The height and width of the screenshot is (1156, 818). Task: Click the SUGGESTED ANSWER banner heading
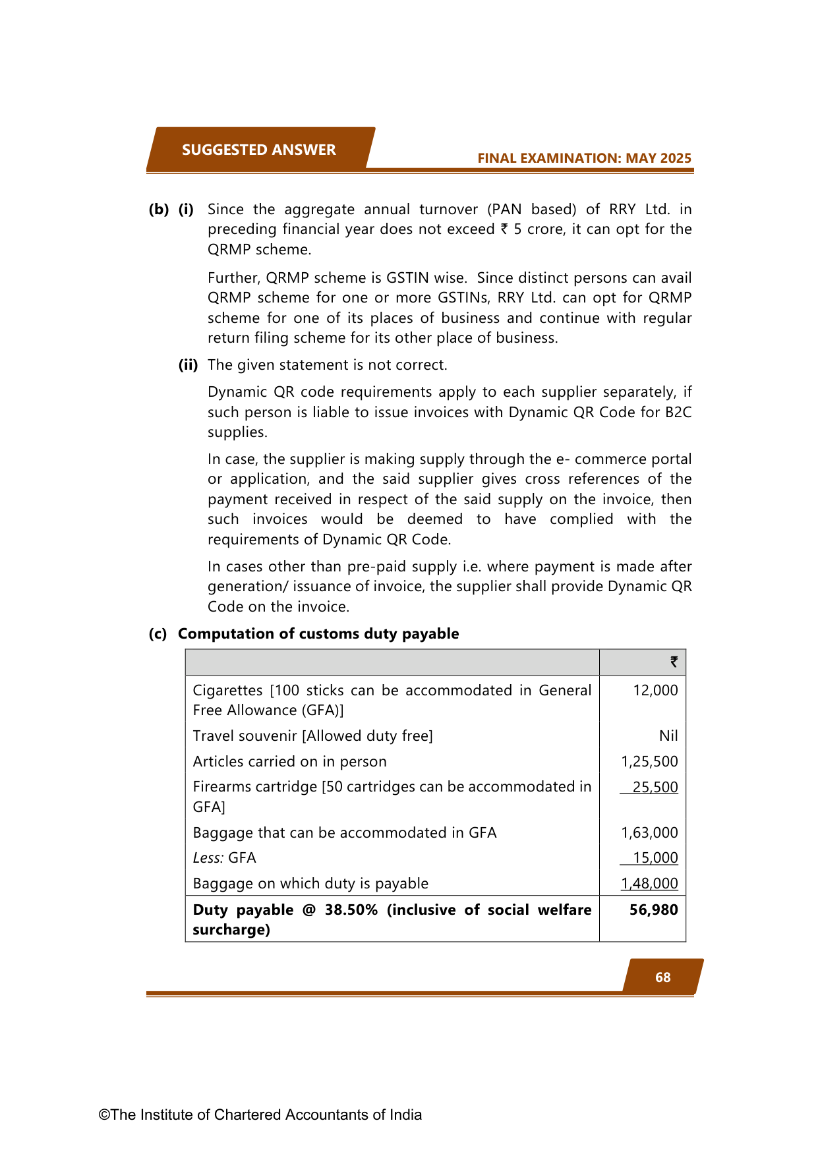click(x=258, y=150)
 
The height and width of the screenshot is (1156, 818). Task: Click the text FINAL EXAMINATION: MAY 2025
click(x=584, y=158)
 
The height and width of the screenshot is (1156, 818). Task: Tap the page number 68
click(x=662, y=977)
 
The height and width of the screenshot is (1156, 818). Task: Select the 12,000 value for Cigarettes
click(x=655, y=690)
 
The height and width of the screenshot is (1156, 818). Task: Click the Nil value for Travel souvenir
click(x=668, y=736)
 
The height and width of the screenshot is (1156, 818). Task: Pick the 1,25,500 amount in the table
click(x=649, y=761)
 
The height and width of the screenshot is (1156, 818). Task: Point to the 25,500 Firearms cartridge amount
click(x=655, y=787)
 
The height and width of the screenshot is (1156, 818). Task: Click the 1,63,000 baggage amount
click(x=649, y=832)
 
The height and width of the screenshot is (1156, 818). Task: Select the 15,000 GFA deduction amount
click(x=655, y=857)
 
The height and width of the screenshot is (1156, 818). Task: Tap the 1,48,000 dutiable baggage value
click(x=649, y=883)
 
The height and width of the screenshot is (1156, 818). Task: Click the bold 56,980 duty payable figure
click(x=653, y=910)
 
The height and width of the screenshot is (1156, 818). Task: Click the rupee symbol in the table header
click(x=674, y=662)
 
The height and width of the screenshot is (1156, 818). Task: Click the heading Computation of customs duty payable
click(x=318, y=633)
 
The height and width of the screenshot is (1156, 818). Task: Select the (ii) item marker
click(x=188, y=364)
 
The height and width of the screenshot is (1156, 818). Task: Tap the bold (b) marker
click(x=158, y=209)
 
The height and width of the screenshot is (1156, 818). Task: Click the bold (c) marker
click(x=158, y=633)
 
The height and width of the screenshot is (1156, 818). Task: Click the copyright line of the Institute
click(x=260, y=1114)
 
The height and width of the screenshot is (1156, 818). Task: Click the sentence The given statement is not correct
click(x=327, y=364)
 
